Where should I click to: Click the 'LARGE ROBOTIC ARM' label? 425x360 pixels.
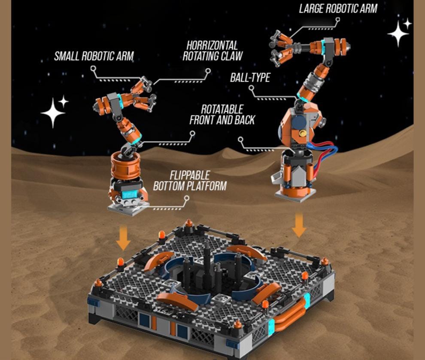338,9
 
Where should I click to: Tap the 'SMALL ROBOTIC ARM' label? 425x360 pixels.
94,56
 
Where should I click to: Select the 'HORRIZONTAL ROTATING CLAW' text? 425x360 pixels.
212,51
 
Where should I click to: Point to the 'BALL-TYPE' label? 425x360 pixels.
250,77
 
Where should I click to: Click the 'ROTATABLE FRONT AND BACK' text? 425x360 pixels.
222,115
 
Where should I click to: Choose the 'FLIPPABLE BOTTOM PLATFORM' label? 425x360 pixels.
190,181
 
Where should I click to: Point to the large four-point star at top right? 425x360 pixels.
398,33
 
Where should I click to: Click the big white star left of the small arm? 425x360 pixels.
53,113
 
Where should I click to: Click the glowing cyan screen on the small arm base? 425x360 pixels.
130,195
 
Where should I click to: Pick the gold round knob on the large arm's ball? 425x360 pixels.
303,134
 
